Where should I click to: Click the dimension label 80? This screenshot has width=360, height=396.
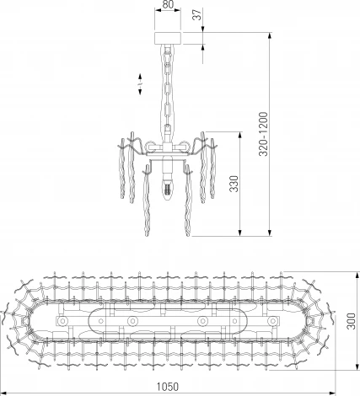point(168,4)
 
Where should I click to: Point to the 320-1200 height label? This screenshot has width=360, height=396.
point(263,134)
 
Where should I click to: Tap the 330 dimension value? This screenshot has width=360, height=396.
point(234,184)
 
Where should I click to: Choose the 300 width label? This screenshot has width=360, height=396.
point(351,321)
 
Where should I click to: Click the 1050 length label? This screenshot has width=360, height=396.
point(167,387)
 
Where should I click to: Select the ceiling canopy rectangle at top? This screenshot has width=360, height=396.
point(168,38)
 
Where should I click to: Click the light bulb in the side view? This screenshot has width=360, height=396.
point(168,188)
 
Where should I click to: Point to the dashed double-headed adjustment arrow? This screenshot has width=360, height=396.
point(140,84)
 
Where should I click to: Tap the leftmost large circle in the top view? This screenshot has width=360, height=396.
point(62,321)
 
